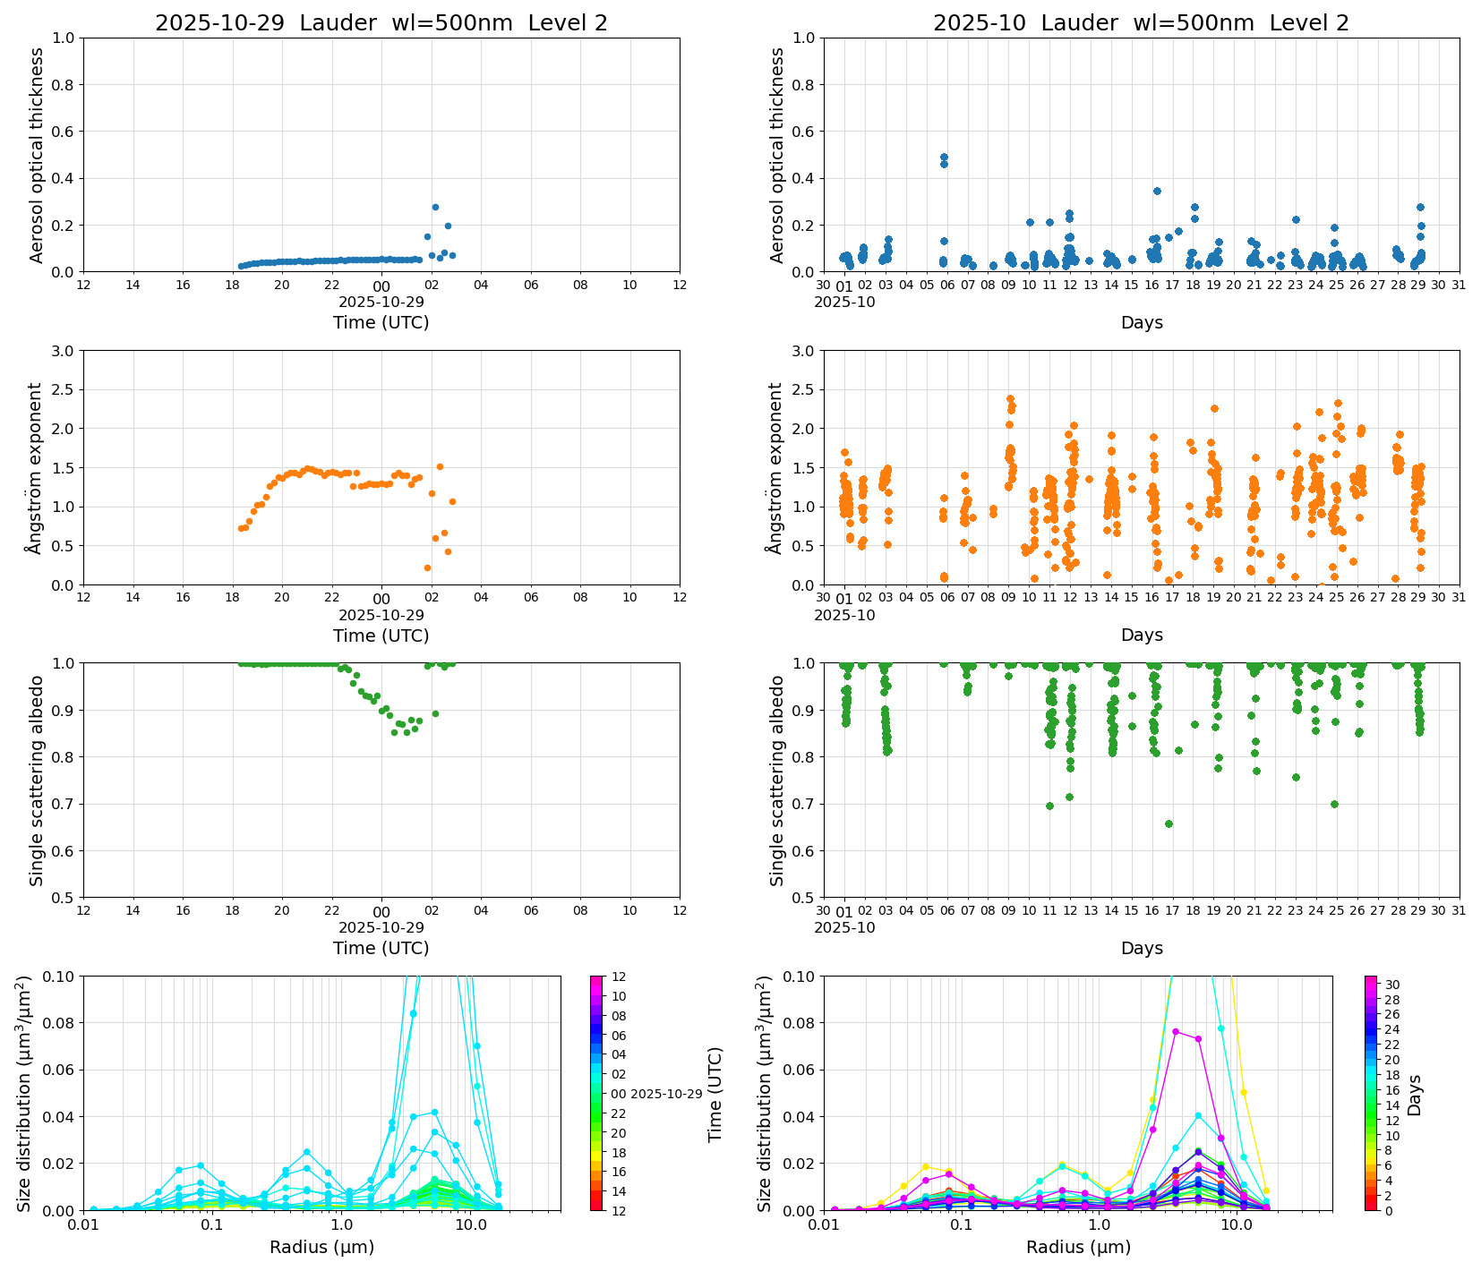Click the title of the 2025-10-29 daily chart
(381, 23)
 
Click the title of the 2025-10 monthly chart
(1141, 23)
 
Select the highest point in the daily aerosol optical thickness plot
(435, 207)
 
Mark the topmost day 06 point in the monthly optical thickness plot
(944, 157)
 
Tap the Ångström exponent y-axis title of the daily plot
(35, 468)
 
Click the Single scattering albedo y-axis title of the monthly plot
(776, 781)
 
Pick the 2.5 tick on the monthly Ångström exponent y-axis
(803, 389)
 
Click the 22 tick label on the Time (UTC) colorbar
(619, 1113)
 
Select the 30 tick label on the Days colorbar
(1392, 985)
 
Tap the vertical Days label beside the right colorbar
(1415, 1095)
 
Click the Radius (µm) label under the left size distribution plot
(321, 1247)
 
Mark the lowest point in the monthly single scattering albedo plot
(1169, 823)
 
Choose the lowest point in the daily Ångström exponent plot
(427, 567)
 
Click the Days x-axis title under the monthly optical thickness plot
(1142, 322)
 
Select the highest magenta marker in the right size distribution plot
(1176, 1031)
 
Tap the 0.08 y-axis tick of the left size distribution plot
(61, 1023)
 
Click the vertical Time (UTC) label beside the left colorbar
(715, 1094)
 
